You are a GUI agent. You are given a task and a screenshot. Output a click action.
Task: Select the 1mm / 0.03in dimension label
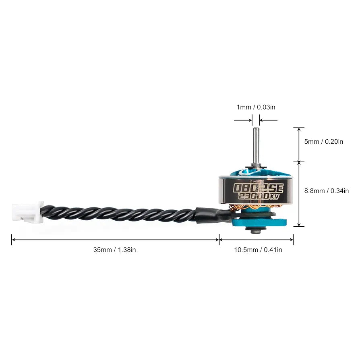pyautogui.click(x=256, y=107)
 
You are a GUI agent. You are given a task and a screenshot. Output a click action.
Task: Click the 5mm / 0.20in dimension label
pyautogui.click(x=324, y=142)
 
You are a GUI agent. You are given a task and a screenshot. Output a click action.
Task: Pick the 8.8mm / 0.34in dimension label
pyautogui.click(x=327, y=191)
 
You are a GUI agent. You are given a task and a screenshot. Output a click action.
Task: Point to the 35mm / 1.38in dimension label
pyautogui.click(x=115, y=250)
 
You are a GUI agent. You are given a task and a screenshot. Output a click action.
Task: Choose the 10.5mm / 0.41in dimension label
pyautogui.click(x=258, y=250)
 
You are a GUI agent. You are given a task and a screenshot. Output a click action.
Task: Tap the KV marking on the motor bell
pyautogui.click(x=275, y=197)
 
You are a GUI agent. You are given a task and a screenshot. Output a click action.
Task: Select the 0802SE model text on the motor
pyautogui.click(x=259, y=187)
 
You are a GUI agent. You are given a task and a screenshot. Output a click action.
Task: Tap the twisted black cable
pyautogui.click(x=121, y=213)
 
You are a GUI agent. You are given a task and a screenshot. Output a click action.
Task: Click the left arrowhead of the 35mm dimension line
pyautogui.click(x=13, y=240)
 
